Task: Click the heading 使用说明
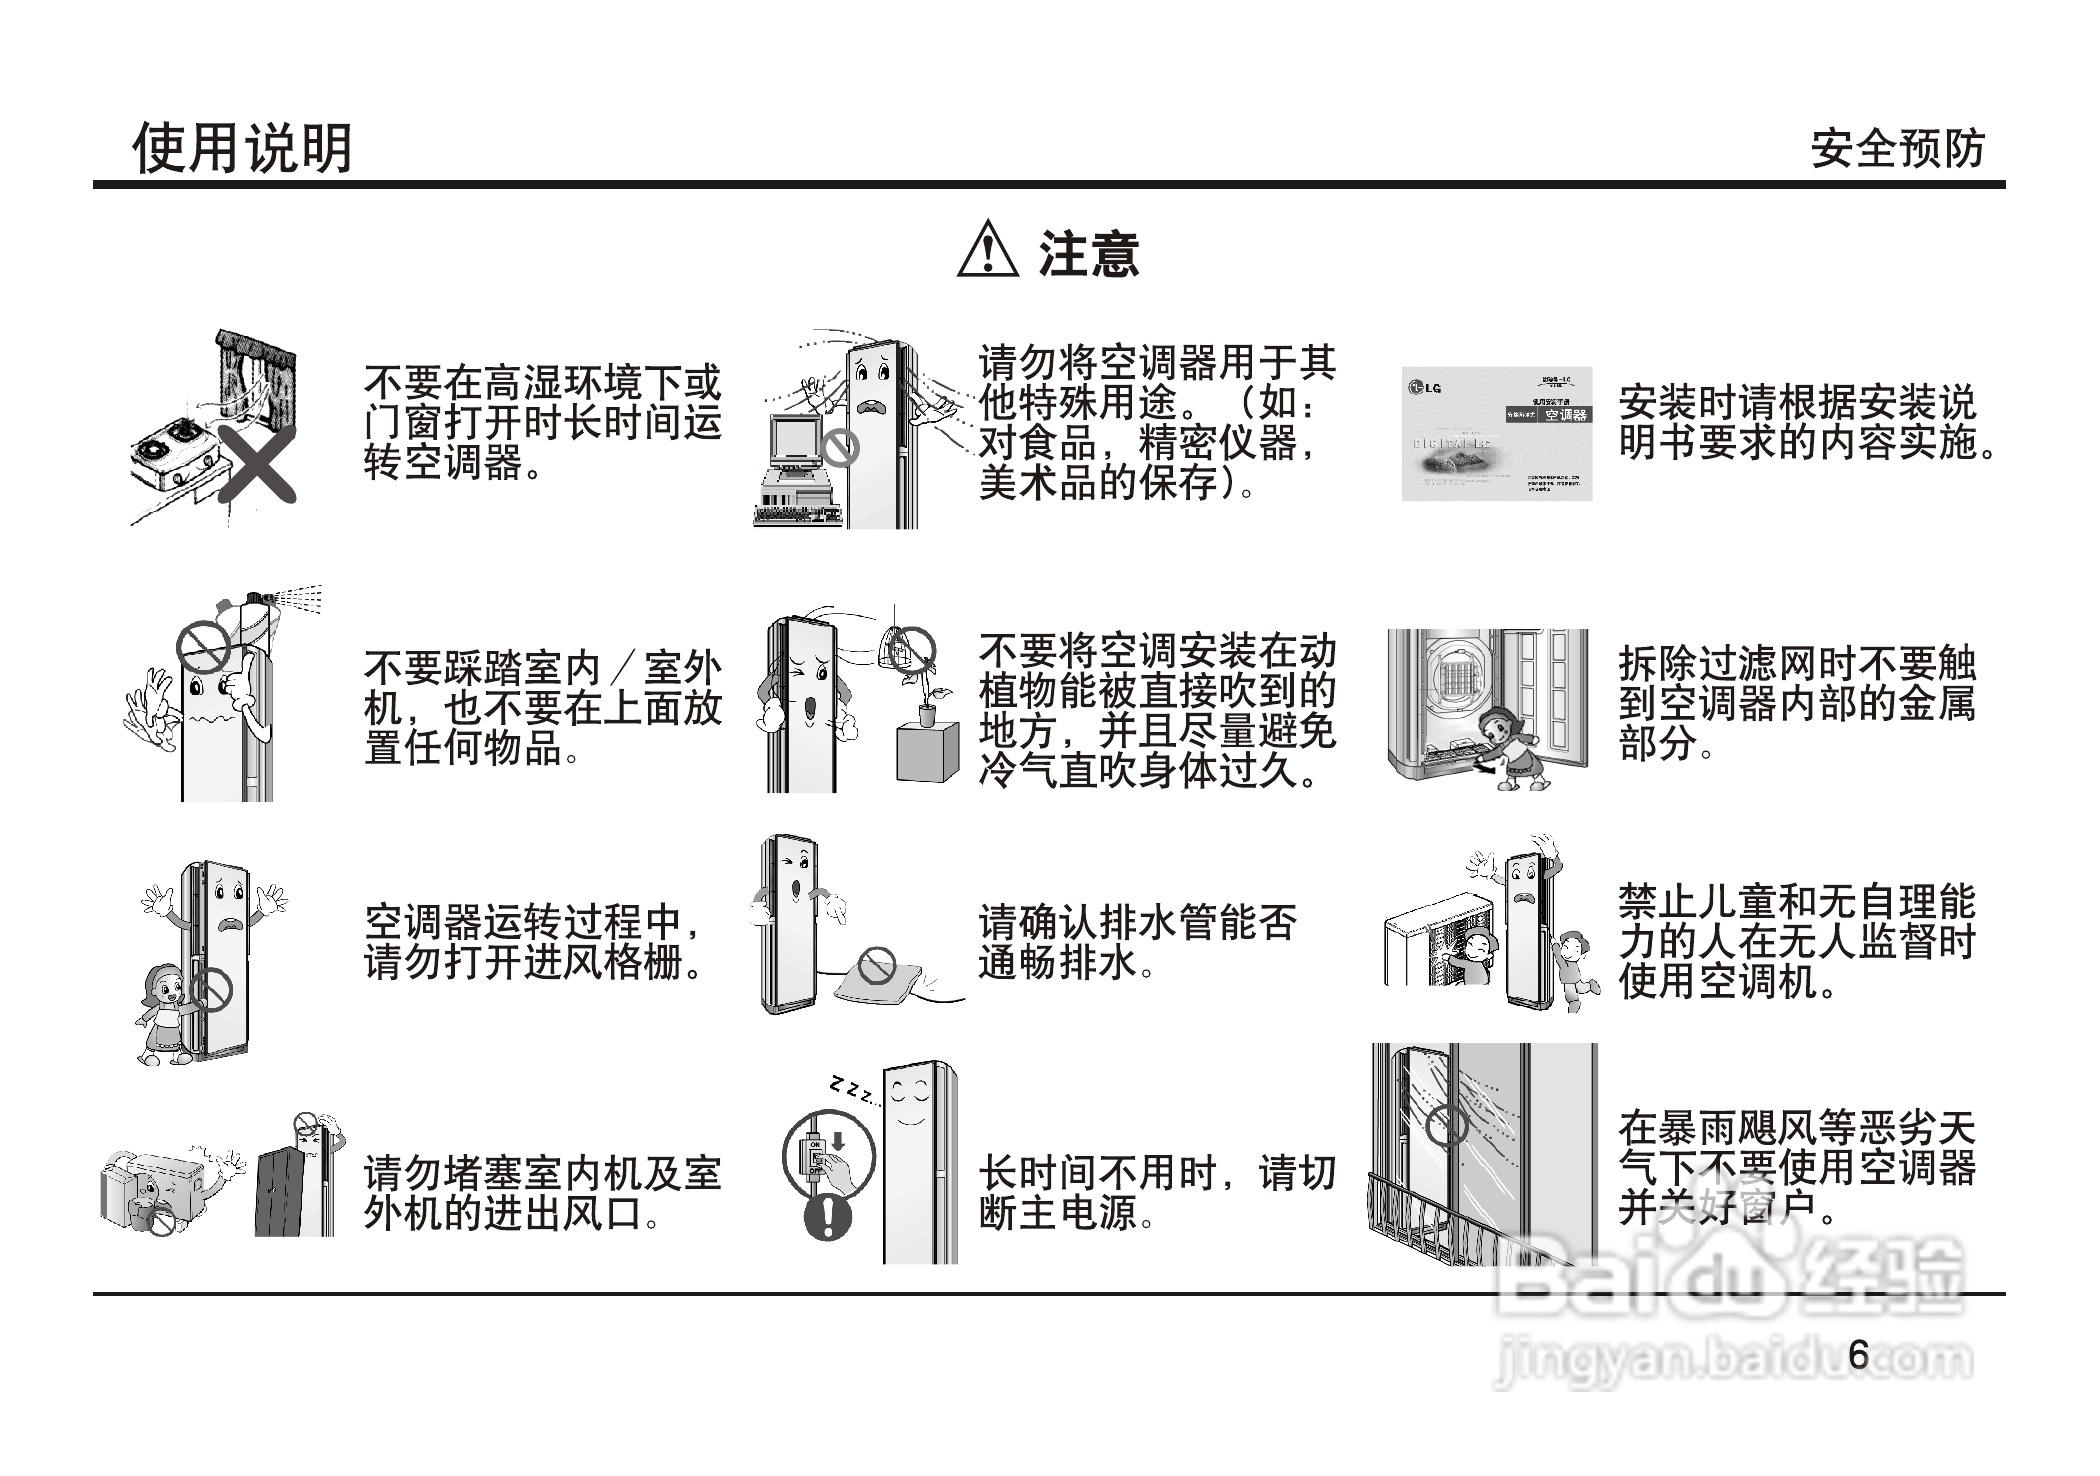click(x=243, y=149)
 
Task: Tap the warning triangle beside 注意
click(x=987, y=250)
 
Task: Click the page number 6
click(x=1859, y=1355)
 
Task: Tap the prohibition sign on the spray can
click(x=203, y=648)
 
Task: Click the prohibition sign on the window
click(x=1446, y=1125)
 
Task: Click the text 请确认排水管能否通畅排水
click(x=1137, y=942)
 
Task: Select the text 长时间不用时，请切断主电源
click(x=1157, y=1192)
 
